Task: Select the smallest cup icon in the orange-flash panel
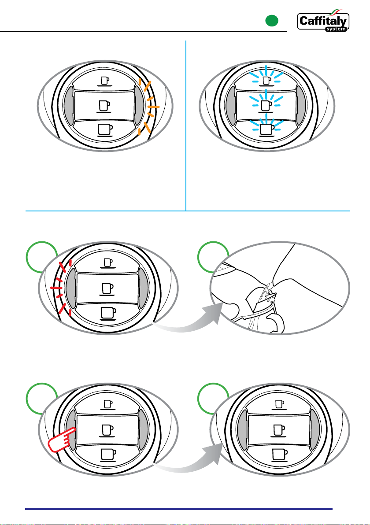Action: (104, 81)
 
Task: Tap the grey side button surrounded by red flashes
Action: (70, 286)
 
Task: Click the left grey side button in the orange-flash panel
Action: (70, 106)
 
